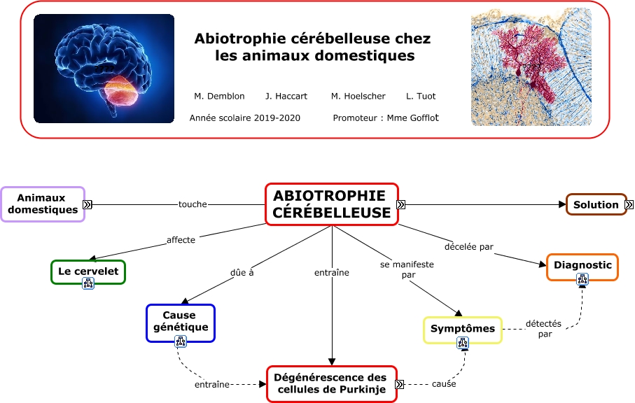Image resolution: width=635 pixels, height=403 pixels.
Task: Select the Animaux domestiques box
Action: (43, 204)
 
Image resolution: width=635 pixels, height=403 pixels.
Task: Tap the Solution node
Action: (596, 204)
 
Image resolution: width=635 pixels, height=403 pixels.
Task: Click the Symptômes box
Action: (462, 328)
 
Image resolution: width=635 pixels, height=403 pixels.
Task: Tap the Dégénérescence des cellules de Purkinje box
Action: (331, 383)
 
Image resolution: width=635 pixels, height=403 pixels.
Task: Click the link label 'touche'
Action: (193, 204)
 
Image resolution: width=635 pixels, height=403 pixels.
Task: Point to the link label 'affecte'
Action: (181, 239)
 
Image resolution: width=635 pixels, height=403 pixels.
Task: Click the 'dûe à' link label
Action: (242, 272)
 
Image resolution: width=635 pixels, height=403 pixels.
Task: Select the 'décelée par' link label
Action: (468, 246)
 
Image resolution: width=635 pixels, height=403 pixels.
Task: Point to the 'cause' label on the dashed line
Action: (443, 383)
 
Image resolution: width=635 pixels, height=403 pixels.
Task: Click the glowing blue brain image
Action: (104, 69)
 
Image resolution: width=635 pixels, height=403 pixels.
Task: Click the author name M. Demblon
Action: (219, 96)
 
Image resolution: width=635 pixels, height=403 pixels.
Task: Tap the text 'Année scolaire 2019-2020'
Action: (244, 118)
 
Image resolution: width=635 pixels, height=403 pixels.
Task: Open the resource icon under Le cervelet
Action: (88, 283)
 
